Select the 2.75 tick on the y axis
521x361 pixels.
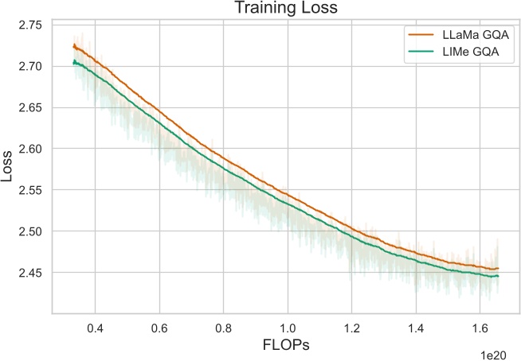point(31,25)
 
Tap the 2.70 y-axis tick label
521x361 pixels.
point(31,66)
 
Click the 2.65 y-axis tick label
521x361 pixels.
point(31,107)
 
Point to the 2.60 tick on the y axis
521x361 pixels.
point(31,149)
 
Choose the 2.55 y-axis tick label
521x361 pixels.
point(31,190)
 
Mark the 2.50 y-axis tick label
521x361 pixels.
point(31,231)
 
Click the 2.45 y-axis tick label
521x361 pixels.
point(31,273)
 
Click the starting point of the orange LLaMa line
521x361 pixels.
point(73,46)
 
